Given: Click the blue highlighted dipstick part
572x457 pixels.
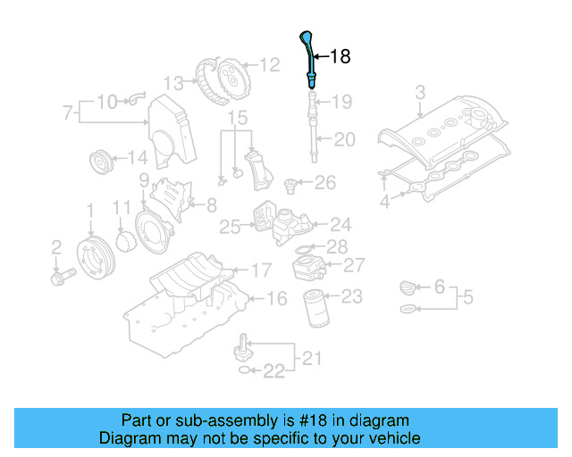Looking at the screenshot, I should tap(308, 57).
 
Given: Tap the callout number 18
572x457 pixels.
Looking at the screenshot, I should tap(340, 57).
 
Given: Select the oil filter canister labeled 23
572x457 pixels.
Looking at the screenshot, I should tap(315, 308).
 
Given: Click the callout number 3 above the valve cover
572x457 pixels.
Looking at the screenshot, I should tap(421, 91).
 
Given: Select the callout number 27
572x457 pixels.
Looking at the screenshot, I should tap(354, 265).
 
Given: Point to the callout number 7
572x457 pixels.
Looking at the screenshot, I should tap(67, 113).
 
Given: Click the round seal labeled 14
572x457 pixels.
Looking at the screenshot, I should tap(104, 164).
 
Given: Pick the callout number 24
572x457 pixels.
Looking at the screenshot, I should tap(341, 225).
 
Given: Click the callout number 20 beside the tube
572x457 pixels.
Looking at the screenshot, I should tap(344, 139).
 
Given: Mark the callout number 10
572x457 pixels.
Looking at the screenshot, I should tap(106, 101).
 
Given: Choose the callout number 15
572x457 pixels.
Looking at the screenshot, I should tap(236, 118).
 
